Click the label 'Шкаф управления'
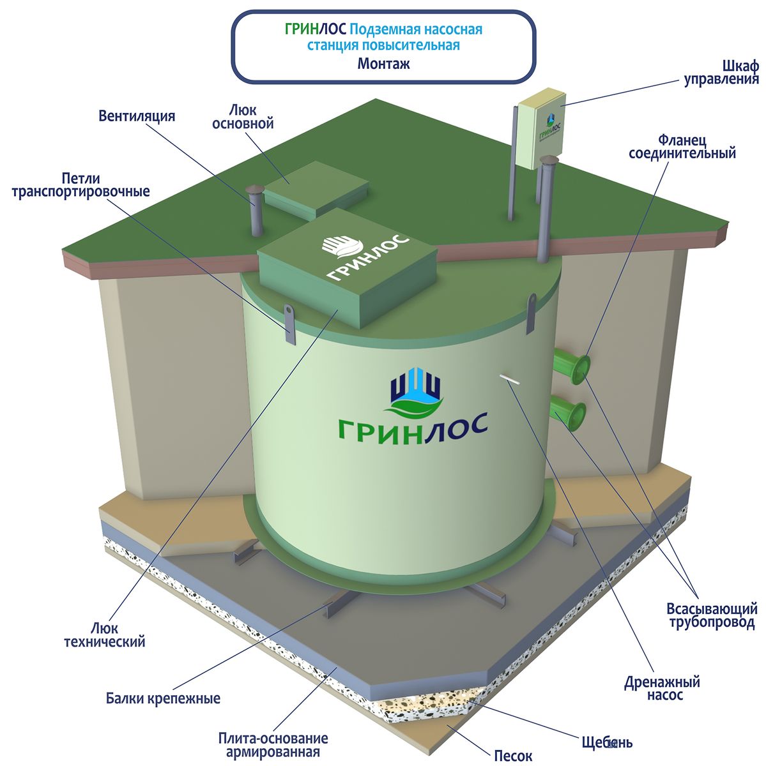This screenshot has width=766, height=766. pos(721,73)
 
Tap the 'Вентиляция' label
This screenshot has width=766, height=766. pos(137,116)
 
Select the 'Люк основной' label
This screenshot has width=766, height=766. pos(243,117)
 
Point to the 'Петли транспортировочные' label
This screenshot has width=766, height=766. pos(80,185)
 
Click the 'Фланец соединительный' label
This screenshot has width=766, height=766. pos(682,147)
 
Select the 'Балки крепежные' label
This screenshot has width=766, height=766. pos(163,698)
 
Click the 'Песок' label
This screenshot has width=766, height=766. pos(513,755)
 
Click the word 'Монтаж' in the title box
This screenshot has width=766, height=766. pos(383,64)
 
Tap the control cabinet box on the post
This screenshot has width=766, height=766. pos(542,129)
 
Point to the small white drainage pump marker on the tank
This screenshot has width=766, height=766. pos(510,379)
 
